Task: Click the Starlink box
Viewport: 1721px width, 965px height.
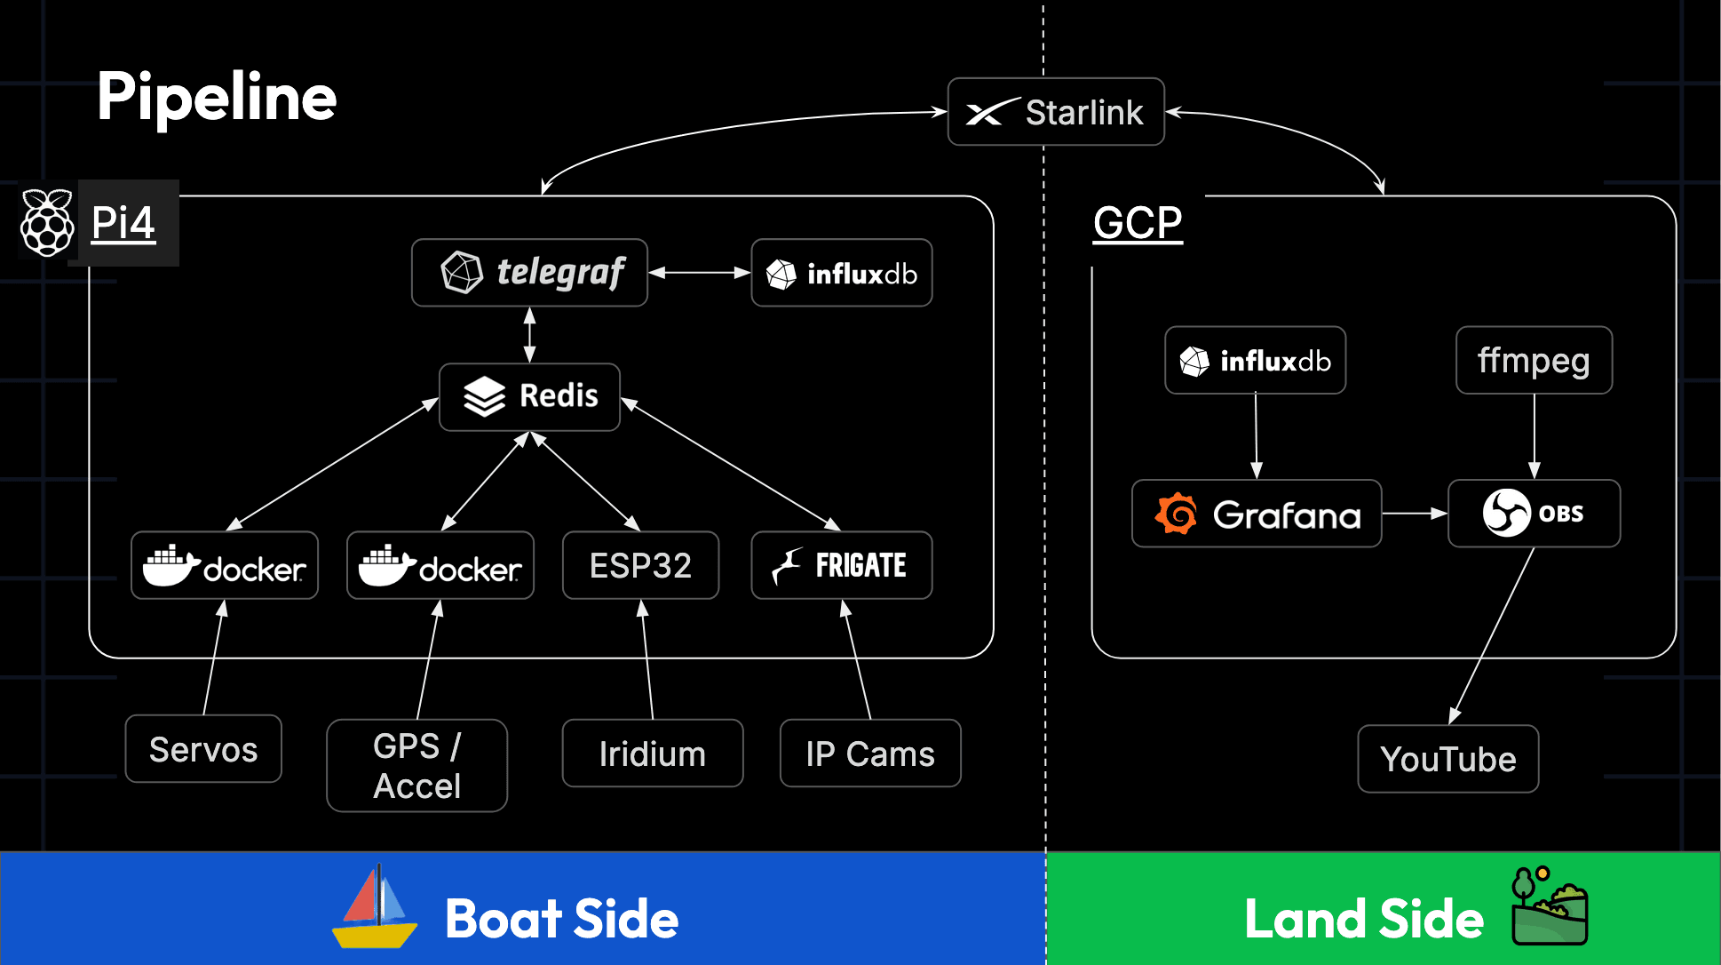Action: [x=1055, y=112]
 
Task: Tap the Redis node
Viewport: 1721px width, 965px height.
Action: [x=529, y=396]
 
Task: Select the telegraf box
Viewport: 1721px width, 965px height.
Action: [x=529, y=273]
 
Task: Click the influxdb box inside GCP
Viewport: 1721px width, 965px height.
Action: [x=1255, y=360]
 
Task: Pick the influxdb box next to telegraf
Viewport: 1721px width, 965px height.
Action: [x=841, y=273]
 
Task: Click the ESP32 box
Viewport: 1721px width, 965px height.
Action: [x=640, y=565]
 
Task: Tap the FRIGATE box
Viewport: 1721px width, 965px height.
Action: [x=841, y=565]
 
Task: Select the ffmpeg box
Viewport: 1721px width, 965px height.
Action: [x=1534, y=360]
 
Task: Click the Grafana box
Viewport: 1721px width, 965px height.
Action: [x=1256, y=514]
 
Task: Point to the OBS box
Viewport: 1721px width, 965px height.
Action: [x=1534, y=514]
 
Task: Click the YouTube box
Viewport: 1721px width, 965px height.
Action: [x=1447, y=759]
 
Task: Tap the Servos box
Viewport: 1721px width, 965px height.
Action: [x=203, y=749]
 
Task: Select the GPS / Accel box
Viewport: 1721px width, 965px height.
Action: [x=416, y=765]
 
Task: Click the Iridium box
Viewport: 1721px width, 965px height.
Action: [x=652, y=754]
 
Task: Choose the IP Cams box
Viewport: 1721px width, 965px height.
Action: [x=869, y=754]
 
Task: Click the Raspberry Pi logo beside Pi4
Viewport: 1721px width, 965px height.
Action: [x=47, y=222]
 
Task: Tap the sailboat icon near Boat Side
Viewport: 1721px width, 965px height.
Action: [x=374, y=908]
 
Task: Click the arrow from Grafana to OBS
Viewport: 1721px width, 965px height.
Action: [x=1414, y=514]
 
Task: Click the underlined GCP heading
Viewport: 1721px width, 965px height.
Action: [x=1137, y=222]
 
